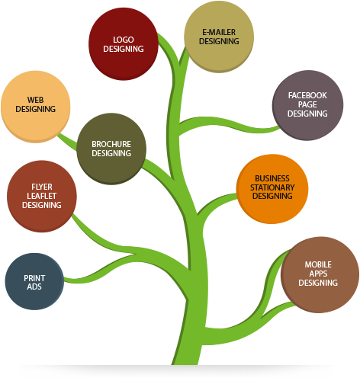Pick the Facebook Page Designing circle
pyautogui.click(x=307, y=105)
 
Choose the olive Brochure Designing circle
pyautogui.click(x=111, y=149)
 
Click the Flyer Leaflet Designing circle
pyautogui.click(x=41, y=195)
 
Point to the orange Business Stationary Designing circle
pyautogui.click(x=272, y=189)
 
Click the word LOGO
pyautogui.click(x=123, y=39)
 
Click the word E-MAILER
pyautogui.click(x=219, y=32)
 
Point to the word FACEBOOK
pyautogui.click(x=307, y=95)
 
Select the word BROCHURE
pyautogui.click(x=111, y=143)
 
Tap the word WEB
pyautogui.click(x=35, y=100)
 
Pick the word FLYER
pyautogui.click(x=41, y=186)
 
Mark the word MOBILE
pyautogui.click(x=318, y=264)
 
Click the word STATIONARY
pyautogui.click(x=272, y=187)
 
